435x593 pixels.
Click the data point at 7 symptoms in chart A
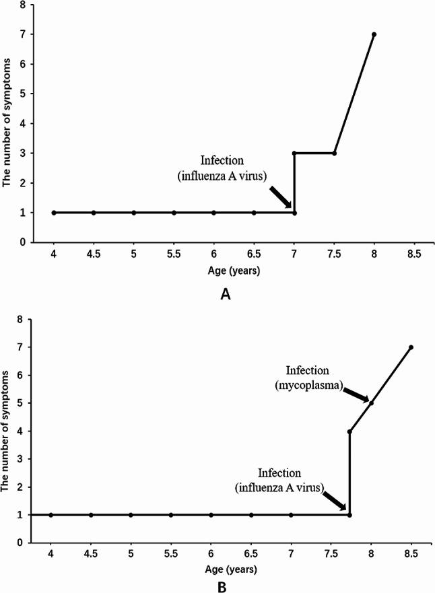pyautogui.click(x=374, y=34)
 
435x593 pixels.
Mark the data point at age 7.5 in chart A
pyautogui.click(x=334, y=153)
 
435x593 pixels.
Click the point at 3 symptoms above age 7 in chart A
pyautogui.click(x=294, y=153)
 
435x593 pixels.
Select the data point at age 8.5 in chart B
pyautogui.click(x=411, y=347)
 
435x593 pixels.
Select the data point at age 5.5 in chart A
pyautogui.click(x=174, y=213)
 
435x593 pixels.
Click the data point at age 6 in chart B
pyautogui.click(x=211, y=515)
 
